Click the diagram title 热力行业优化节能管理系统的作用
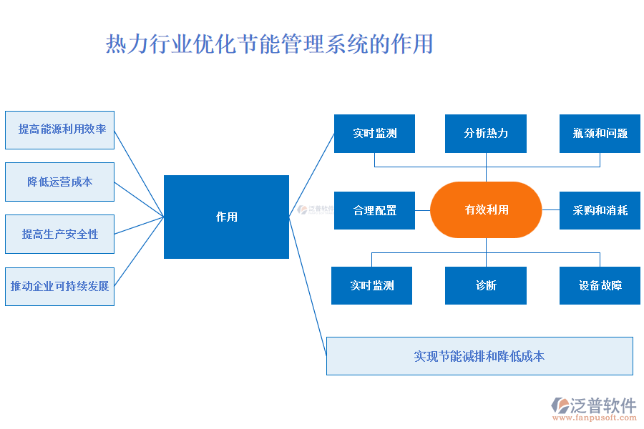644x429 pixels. coord(270,44)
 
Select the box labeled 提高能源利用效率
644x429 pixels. coord(59,129)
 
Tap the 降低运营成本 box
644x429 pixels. coord(59,182)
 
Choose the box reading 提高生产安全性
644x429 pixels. coord(59,234)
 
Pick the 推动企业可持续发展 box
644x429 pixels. coord(59,286)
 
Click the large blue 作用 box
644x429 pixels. coord(226,217)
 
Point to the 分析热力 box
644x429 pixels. coord(486,133)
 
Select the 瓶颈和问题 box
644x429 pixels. coord(600,133)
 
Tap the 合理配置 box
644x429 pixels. coord(374,210)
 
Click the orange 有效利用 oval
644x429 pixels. coord(487,209)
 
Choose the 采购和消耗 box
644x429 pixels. coord(600,210)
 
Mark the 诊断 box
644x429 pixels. coord(486,285)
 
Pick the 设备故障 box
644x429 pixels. coord(600,285)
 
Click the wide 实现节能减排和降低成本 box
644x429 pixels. coord(479,355)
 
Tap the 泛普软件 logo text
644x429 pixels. coord(602,406)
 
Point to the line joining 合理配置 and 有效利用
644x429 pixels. coord(422,210)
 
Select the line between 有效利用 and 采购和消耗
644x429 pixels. coord(551,210)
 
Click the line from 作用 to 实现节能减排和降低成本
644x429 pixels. coord(308,286)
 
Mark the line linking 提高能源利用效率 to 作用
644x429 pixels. coord(140,173)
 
